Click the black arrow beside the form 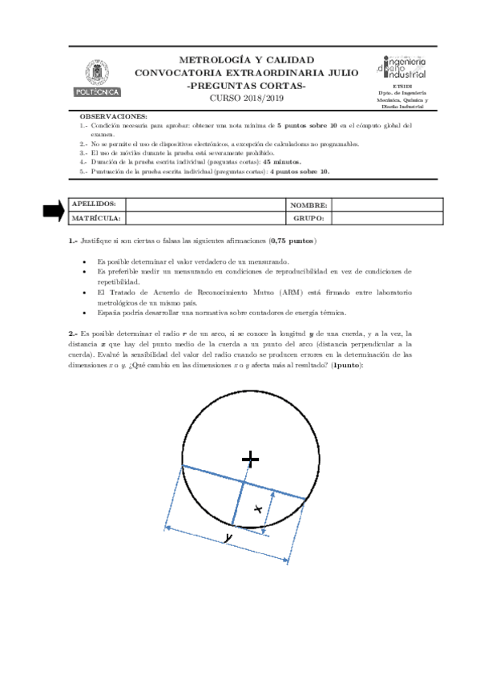point(54,210)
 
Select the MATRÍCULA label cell point(96,218)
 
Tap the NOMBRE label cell point(309,204)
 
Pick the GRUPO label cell point(309,218)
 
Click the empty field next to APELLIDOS point(205,204)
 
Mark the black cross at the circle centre point(251,458)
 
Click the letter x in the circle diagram point(257,508)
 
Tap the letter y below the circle point(228,537)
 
